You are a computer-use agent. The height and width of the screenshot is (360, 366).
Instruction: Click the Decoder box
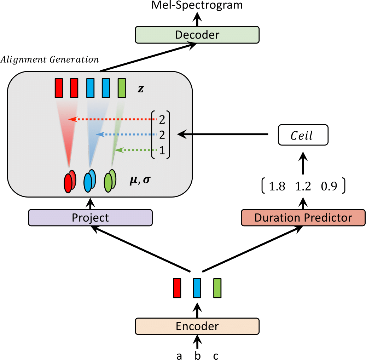coord(197,35)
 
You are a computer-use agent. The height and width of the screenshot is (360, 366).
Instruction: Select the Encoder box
coord(197,326)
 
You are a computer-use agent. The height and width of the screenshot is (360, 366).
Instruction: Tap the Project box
coord(90,217)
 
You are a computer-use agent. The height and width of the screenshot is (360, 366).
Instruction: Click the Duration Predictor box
coord(303,217)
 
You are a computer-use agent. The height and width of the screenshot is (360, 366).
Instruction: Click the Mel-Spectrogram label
coord(197,5)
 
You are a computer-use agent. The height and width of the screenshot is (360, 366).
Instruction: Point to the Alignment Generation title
coord(50,59)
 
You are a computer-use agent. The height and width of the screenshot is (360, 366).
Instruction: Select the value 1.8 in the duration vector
coord(277,187)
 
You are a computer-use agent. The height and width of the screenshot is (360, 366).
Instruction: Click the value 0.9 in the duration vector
coord(329,187)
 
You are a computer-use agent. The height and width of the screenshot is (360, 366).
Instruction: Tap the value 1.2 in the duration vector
coord(303,187)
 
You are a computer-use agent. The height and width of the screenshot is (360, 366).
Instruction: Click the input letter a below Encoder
coord(179,355)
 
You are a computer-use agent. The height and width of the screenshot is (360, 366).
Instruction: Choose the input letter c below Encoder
coord(216,355)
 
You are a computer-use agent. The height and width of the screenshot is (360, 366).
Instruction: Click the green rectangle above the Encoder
coord(217,288)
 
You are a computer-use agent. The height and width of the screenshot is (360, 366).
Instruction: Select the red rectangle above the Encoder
coord(177,288)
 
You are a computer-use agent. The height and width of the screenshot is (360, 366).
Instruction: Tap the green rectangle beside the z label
coord(122,88)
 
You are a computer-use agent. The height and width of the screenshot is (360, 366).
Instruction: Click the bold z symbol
coord(141,89)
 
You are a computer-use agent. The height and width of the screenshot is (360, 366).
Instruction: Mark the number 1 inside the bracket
coord(162,151)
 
